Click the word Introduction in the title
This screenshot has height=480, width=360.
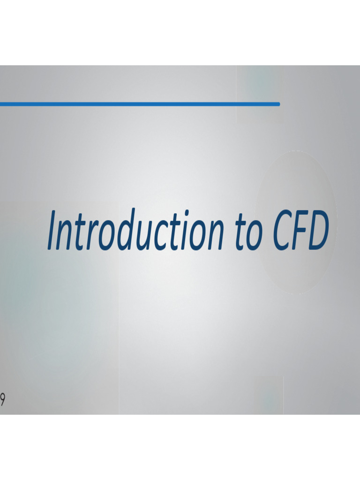(135, 230)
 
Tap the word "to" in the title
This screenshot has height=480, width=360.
(249, 232)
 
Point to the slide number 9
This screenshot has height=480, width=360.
(2, 400)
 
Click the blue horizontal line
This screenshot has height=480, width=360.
(140, 104)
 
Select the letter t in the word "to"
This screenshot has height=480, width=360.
(241, 232)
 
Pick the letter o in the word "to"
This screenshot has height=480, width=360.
(255, 236)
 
